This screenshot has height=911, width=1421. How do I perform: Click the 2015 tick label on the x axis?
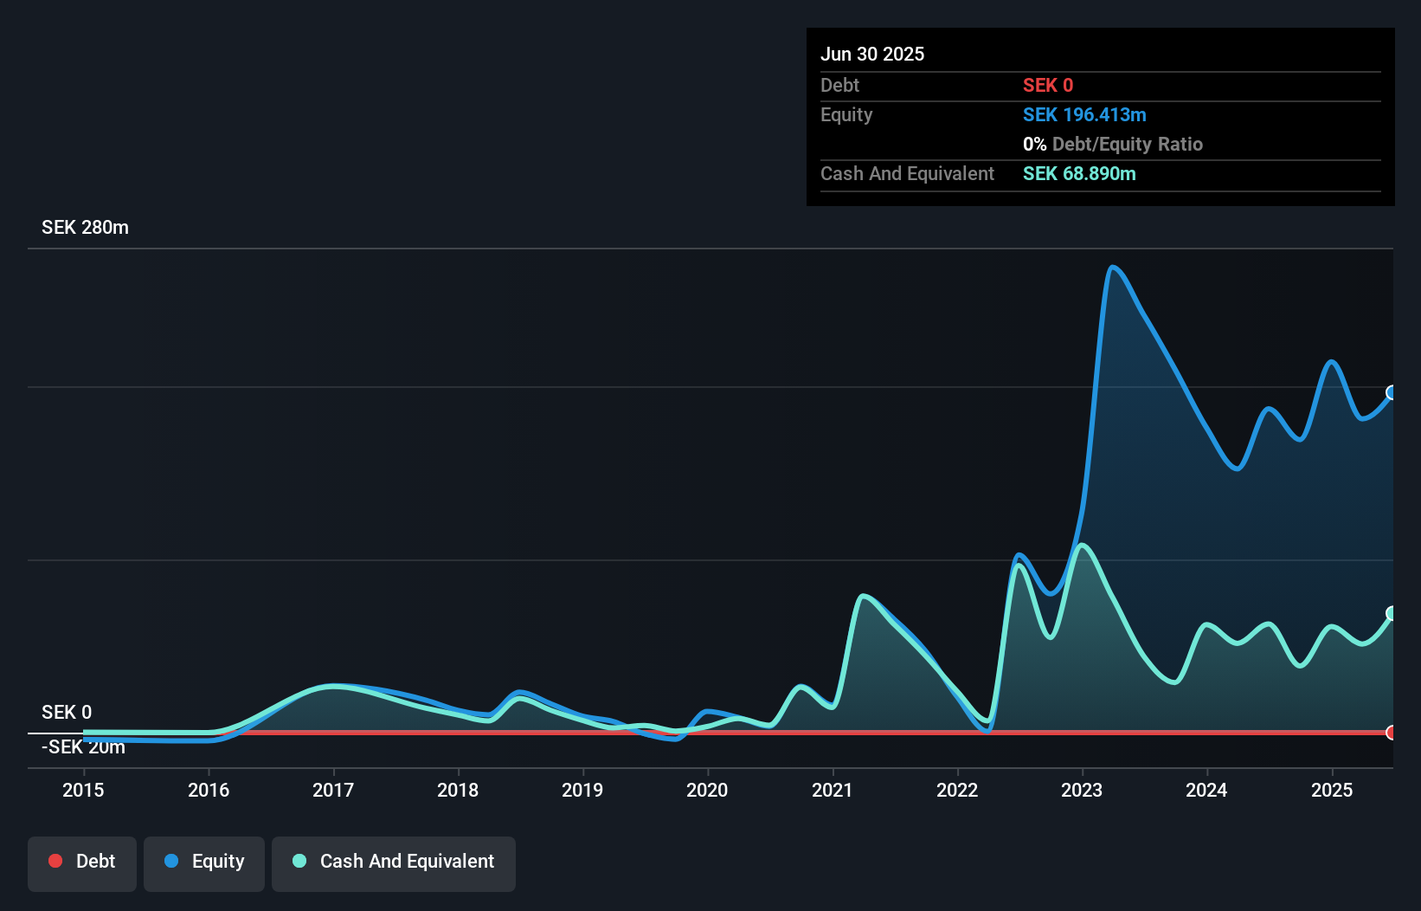coord(83,790)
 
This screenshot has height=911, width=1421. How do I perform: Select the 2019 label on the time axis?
coord(582,790)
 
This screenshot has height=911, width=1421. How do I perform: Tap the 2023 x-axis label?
coord(1082,790)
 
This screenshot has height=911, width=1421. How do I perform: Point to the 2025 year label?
coord(1331,790)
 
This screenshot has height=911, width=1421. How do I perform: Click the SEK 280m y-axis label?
coord(85,228)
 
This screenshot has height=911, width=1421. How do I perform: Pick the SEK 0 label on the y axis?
coord(67,712)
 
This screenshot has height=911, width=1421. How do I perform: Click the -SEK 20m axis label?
coord(84,747)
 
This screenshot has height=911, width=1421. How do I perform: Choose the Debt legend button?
coord(82,862)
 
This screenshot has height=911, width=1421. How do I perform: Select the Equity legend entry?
coord(204,862)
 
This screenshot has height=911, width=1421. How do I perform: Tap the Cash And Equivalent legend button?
coord(394,862)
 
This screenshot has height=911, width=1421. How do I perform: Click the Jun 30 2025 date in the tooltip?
coord(872,54)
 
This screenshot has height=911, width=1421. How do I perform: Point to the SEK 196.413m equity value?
coord(1084,115)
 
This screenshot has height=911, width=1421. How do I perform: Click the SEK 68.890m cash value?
coord(1079,174)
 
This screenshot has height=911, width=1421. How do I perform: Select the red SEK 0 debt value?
coord(1048,86)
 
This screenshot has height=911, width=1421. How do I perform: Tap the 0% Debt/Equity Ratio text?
coord(1113,145)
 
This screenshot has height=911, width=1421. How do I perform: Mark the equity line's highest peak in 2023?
coord(1112,268)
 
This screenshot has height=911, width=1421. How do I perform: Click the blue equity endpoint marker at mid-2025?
coord(1392,392)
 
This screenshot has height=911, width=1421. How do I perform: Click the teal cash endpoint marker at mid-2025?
coord(1392,613)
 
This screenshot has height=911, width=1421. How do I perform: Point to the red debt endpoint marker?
coord(1392,733)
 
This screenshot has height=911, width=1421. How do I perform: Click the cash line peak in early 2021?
coord(863,596)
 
